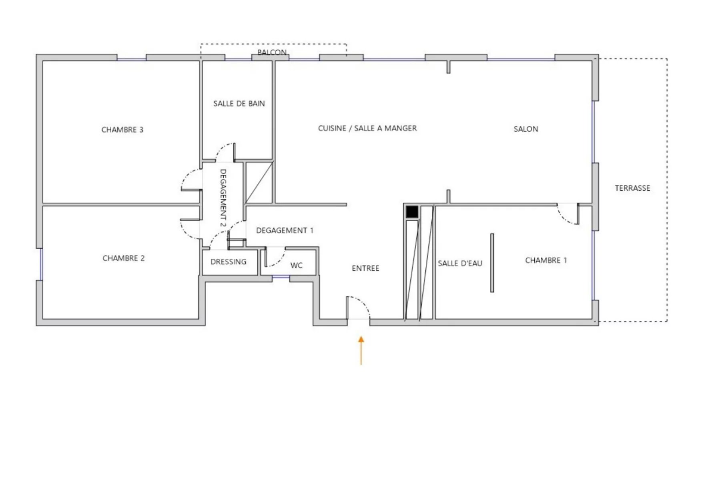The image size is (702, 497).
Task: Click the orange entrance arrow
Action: click(x=361, y=350)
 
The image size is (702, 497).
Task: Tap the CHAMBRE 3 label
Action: click(x=122, y=130)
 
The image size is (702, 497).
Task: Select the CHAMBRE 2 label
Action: click(x=124, y=258)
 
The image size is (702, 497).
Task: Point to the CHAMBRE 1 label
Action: click(x=546, y=260)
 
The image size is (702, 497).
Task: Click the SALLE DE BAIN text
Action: click(x=239, y=104)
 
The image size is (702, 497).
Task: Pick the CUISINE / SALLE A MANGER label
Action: click(x=367, y=128)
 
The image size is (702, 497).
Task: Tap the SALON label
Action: click(x=526, y=129)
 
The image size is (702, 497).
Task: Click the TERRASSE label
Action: click(x=632, y=188)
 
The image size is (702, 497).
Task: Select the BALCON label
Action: click(x=272, y=52)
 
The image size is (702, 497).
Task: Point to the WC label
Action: click(x=297, y=266)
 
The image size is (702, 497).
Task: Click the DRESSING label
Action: click(x=229, y=262)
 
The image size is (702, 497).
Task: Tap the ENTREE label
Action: click(x=365, y=268)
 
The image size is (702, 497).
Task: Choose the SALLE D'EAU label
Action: click(x=460, y=263)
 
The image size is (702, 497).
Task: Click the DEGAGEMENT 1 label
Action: click(x=285, y=230)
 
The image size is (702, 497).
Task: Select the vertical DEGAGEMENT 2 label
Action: click(x=223, y=198)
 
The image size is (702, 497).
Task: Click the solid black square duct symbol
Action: click(x=412, y=211)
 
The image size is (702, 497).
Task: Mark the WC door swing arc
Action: click(x=279, y=261)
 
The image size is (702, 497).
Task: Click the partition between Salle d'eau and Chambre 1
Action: click(x=492, y=263)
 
